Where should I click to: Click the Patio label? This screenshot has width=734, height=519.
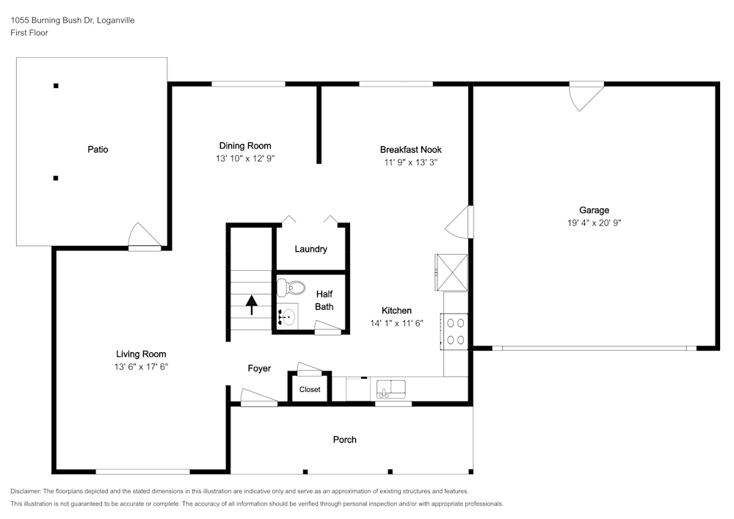coord(98,150)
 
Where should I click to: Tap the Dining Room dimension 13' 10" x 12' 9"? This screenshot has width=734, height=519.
coord(245,158)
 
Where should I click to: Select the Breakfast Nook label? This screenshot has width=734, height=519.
coord(410,150)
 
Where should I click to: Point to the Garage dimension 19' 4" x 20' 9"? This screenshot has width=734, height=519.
coord(593,222)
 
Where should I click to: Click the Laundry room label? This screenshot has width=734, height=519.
coord(310,250)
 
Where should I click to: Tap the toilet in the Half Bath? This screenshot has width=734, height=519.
coord(295,287)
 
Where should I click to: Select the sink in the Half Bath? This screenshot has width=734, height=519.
coord(287,317)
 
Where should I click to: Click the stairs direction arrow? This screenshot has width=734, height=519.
coord(251,304)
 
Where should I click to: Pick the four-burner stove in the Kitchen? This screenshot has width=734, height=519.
coord(454,330)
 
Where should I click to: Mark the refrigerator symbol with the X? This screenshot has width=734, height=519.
coord(451,272)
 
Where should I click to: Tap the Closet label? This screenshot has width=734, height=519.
coord(310,390)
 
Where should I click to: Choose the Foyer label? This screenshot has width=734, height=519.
coord(258,369)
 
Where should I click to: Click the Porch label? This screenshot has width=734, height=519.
coord(344,440)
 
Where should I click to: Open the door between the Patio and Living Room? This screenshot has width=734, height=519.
coord(144,238)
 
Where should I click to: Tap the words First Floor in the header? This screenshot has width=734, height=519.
coord(29,33)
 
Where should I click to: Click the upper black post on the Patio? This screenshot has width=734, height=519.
coord(56,86)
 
